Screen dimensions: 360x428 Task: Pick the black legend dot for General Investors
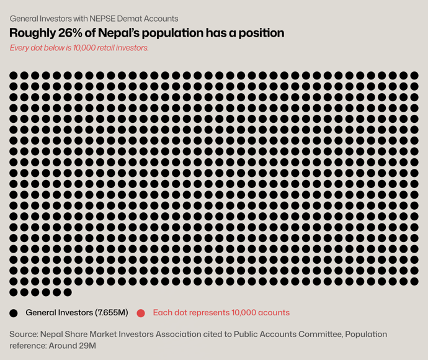click(x=14, y=313)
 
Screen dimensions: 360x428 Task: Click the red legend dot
click(x=141, y=313)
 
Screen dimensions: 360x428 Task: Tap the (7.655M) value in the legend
click(x=112, y=313)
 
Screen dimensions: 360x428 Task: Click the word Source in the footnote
click(x=22, y=335)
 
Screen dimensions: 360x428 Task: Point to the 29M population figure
click(x=87, y=346)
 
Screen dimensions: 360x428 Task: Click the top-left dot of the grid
click(x=14, y=76)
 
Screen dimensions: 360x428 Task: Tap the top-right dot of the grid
click(x=414, y=76)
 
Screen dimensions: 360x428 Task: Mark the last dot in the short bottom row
click(x=68, y=292)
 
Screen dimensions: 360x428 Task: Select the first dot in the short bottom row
click(x=14, y=292)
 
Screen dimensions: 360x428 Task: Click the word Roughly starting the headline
click(x=32, y=33)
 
